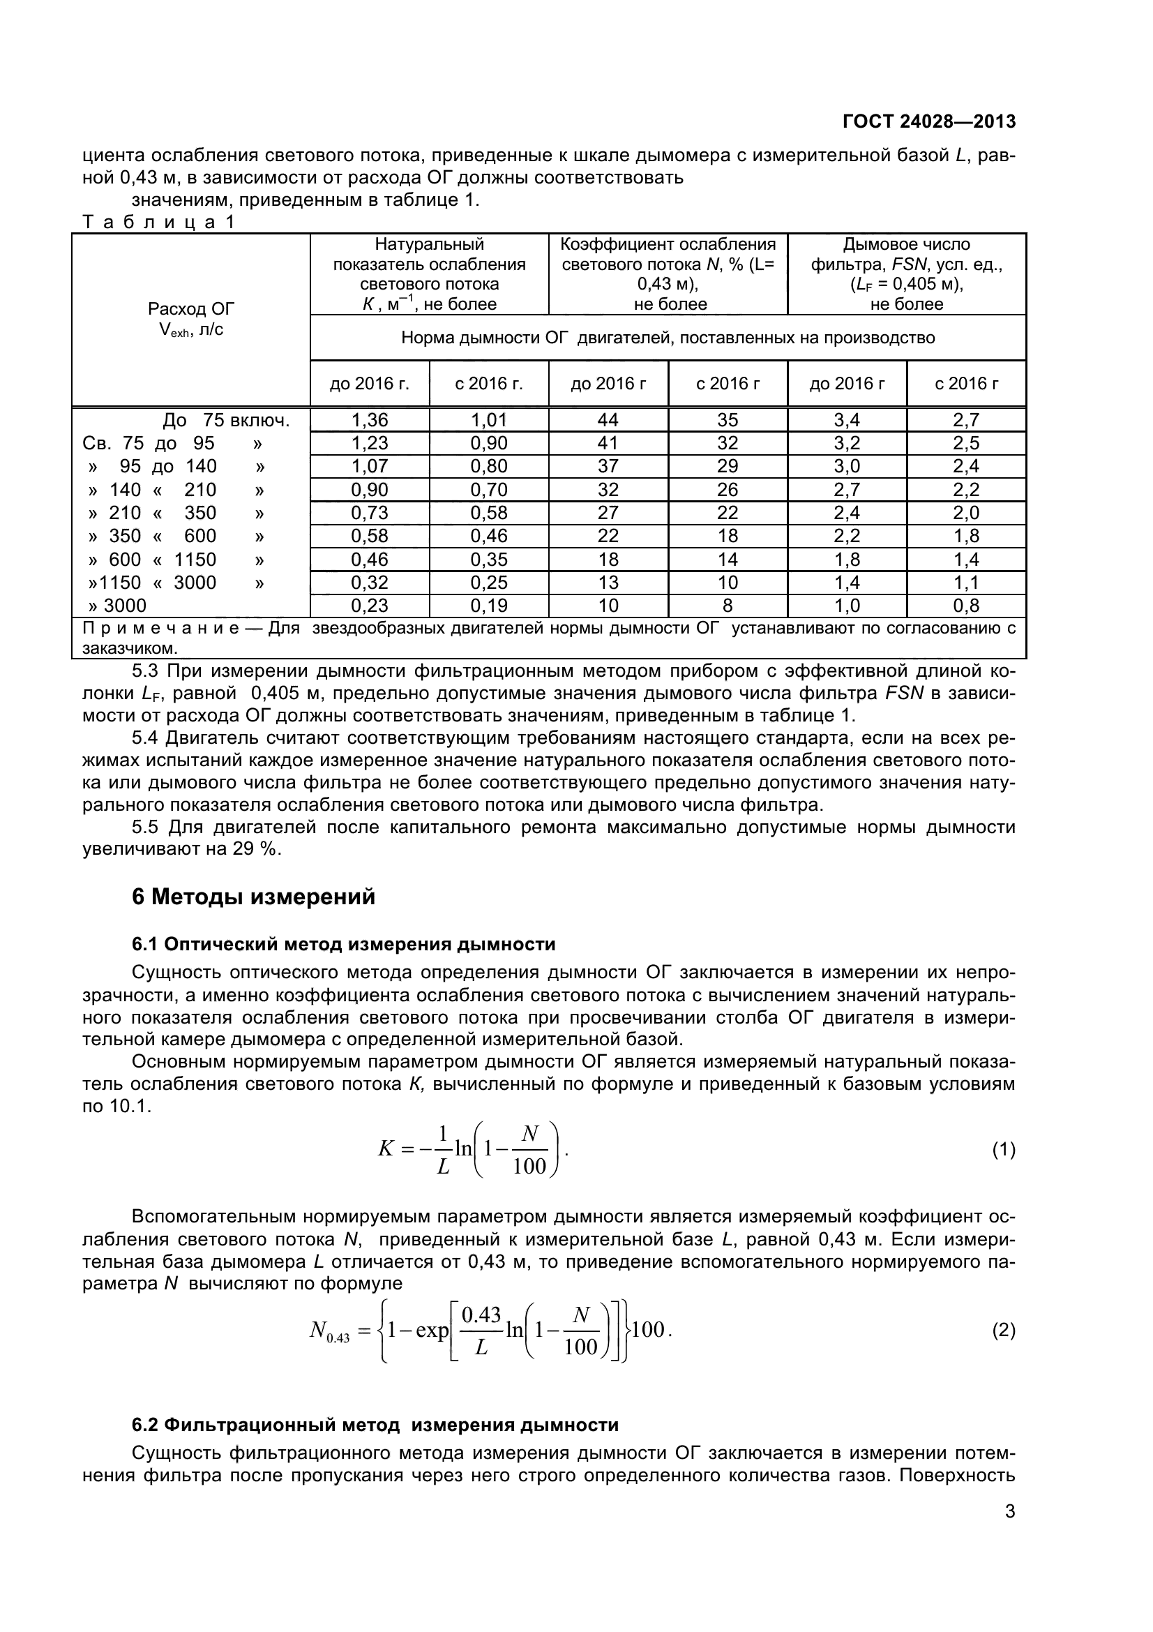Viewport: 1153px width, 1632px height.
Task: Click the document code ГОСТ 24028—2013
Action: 928,121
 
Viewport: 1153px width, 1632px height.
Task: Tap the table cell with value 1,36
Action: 370,420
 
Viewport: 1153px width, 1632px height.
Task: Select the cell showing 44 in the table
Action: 608,420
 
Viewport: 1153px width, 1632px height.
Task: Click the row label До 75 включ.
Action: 226,420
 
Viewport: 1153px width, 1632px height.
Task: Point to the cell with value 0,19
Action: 489,606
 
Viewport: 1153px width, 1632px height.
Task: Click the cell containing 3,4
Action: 847,420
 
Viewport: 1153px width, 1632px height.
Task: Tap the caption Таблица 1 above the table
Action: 158,222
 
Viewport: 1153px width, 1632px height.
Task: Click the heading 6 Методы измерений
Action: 254,897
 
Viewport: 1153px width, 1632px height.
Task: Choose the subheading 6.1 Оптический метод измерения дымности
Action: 343,944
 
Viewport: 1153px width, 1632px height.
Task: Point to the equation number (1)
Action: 1003,1149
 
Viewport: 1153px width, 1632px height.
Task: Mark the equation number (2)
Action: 1003,1331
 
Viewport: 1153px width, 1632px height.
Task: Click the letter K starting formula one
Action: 386,1149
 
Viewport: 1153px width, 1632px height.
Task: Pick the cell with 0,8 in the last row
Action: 966,606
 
